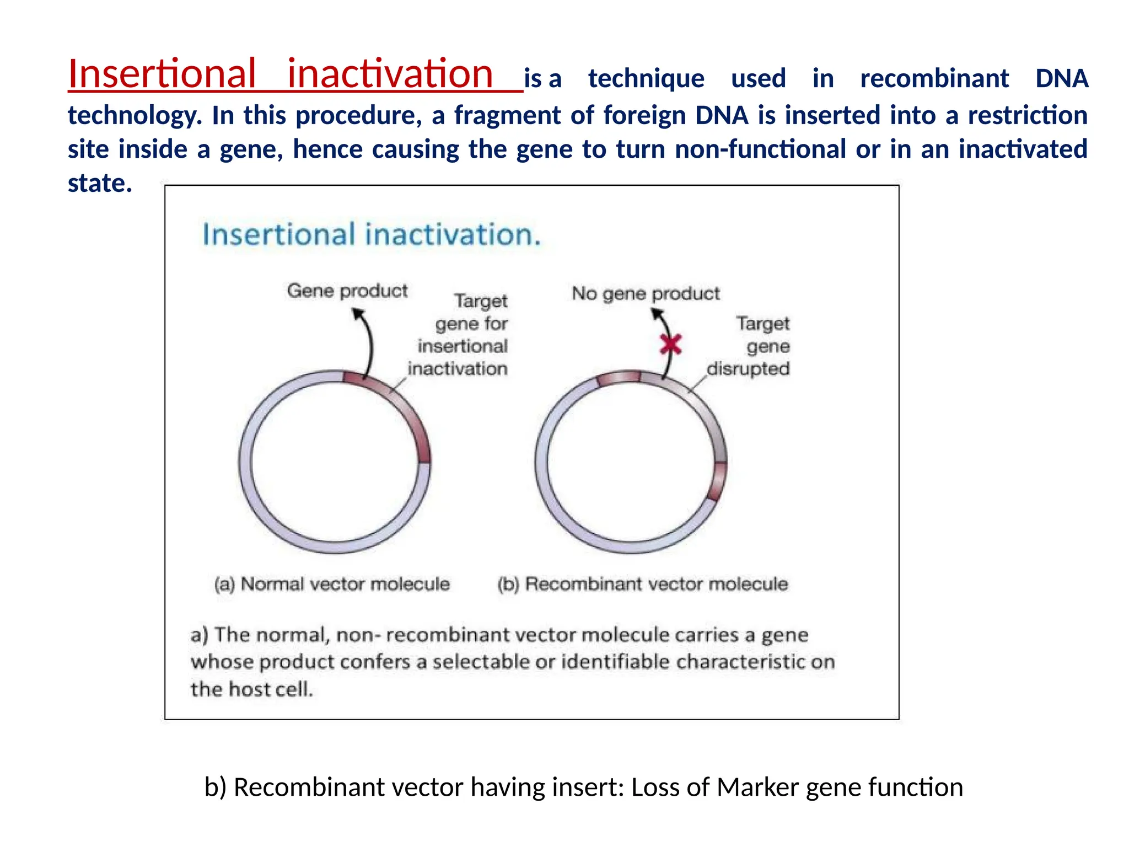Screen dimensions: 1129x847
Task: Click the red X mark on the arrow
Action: pyautogui.click(x=671, y=345)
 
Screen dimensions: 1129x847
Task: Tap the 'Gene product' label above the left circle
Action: pyautogui.click(x=347, y=291)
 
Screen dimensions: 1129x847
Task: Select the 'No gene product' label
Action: pyautogui.click(x=646, y=293)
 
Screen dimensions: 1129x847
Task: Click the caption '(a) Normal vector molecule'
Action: pyautogui.click(x=332, y=584)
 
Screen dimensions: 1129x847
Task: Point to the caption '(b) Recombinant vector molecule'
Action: pyautogui.click(x=643, y=584)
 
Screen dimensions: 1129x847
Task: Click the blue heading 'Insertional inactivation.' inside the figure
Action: pyautogui.click(x=372, y=234)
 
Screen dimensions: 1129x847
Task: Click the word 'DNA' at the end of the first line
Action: pyautogui.click(x=1061, y=79)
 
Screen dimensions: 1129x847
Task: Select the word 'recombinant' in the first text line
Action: pyautogui.click(x=934, y=79)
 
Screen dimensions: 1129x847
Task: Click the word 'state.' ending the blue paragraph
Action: pyautogui.click(x=100, y=184)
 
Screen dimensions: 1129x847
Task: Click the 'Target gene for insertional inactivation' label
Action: pyautogui.click(x=463, y=335)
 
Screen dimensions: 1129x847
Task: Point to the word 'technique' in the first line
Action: pyautogui.click(x=646, y=79)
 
